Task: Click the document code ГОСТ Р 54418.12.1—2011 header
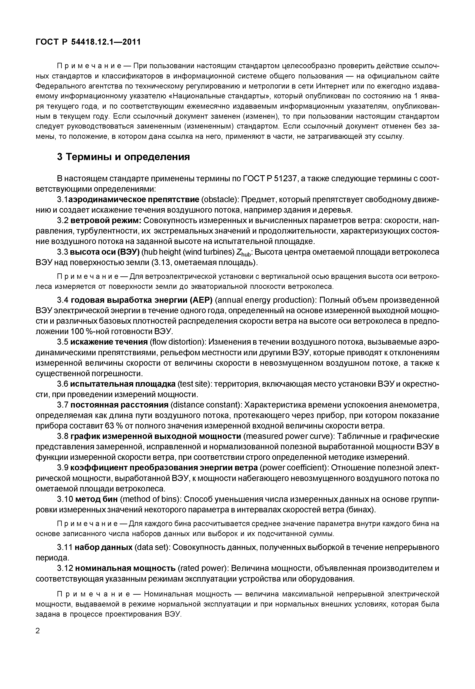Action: click(x=88, y=42)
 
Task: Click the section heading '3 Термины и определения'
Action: click(x=123, y=157)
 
